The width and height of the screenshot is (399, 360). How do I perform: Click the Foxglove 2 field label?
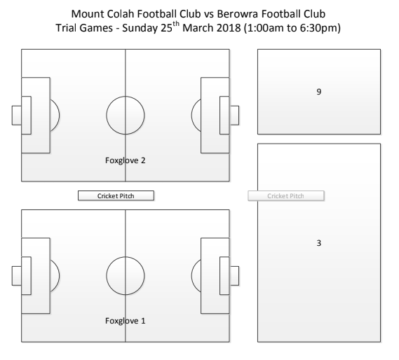(126, 160)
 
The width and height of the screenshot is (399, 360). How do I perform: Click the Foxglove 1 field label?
(126, 321)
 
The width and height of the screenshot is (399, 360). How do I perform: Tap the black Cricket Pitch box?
(116, 196)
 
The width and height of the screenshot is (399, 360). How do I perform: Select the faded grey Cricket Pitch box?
(286, 196)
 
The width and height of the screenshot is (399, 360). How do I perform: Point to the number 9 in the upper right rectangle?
(319, 92)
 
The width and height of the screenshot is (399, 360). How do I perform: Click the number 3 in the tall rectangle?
(319, 243)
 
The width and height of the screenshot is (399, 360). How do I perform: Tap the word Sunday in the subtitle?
(140, 28)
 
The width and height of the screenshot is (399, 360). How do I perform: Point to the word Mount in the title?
(88, 14)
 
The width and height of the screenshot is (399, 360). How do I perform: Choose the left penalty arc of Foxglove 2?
(60, 115)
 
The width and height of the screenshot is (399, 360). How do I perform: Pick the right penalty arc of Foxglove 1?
(191, 275)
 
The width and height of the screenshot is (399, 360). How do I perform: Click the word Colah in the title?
(121, 14)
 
